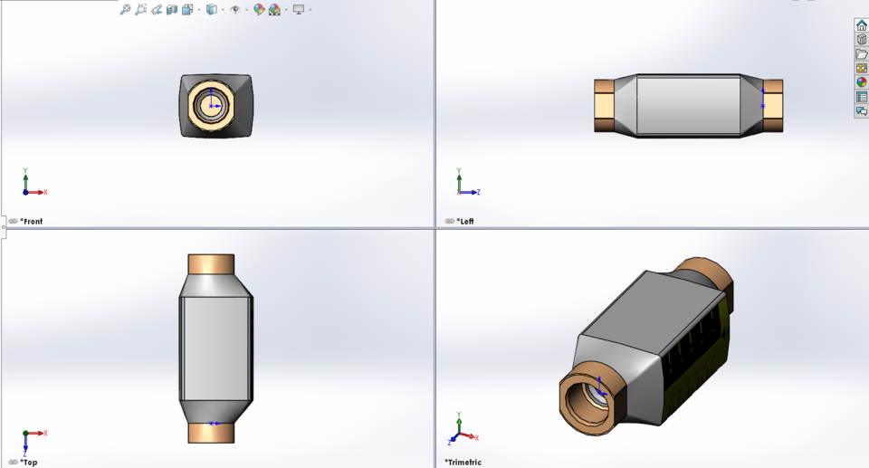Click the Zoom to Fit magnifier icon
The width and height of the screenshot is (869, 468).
click(x=126, y=9)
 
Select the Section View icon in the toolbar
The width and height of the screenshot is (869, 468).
click(x=172, y=9)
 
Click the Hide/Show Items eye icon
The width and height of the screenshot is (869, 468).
click(x=235, y=9)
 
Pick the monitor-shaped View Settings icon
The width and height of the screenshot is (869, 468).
click(x=298, y=9)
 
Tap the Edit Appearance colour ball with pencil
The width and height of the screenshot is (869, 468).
click(x=259, y=9)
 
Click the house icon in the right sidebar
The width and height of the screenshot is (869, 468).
click(x=861, y=25)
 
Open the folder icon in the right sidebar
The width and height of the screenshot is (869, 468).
click(x=861, y=54)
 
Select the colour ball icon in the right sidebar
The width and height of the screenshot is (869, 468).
click(x=861, y=82)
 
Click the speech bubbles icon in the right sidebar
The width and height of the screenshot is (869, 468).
click(x=861, y=111)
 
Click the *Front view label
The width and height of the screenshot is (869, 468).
click(x=32, y=221)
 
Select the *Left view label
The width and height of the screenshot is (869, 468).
click(x=465, y=221)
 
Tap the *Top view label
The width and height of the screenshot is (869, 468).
click(x=29, y=462)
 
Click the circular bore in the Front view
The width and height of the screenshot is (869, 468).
click(x=212, y=106)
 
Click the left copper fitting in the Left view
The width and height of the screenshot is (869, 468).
click(x=605, y=106)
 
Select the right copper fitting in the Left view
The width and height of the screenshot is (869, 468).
click(x=772, y=106)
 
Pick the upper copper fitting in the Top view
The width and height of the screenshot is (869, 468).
click(x=211, y=263)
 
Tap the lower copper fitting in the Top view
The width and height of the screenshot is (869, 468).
click(x=211, y=433)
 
